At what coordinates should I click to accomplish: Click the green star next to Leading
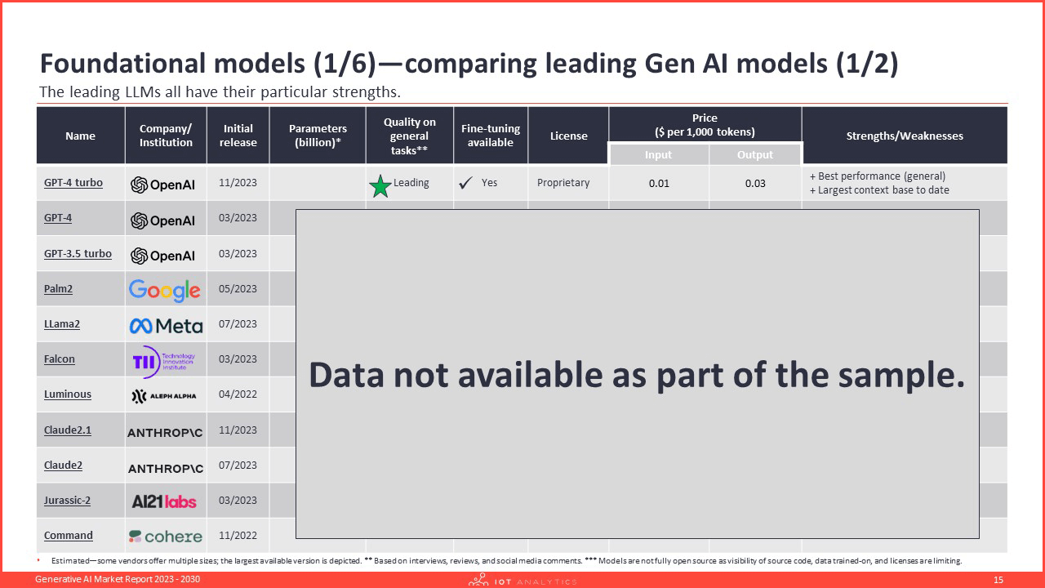tap(380, 186)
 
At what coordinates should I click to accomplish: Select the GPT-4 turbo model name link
tap(73, 183)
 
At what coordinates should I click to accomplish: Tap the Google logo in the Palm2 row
tap(165, 290)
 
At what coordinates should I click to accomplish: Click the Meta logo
tap(166, 326)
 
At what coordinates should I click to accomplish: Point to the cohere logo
tap(166, 537)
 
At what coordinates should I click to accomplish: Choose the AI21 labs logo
tap(164, 501)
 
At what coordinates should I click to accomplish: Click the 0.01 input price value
tap(659, 184)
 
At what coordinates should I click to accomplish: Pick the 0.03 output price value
tap(755, 184)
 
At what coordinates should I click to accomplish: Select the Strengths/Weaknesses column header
tap(905, 136)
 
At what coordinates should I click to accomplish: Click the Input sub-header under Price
tap(658, 155)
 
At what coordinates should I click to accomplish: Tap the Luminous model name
tap(68, 394)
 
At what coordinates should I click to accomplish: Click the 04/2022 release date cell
tap(238, 394)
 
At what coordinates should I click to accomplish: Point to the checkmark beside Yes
tap(465, 182)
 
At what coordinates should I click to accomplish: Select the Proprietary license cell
tap(563, 183)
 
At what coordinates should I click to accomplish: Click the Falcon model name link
tap(60, 359)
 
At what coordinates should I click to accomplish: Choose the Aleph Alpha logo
tap(164, 396)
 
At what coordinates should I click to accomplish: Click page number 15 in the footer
tap(998, 580)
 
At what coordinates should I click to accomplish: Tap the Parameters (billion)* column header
tap(318, 136)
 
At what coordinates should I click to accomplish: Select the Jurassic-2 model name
tap(67, 501)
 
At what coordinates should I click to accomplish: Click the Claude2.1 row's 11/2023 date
tap(238, 430)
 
